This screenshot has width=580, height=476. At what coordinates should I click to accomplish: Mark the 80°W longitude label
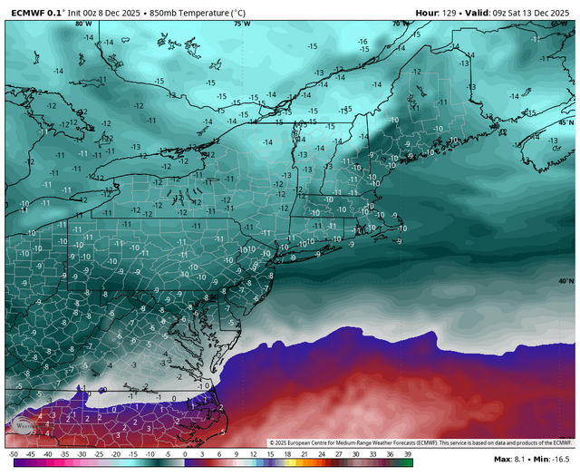(x=83, y=24)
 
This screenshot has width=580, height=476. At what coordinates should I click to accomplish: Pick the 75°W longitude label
(x=242, y=24)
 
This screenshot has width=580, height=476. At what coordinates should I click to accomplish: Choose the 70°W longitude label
(x=397, y=24)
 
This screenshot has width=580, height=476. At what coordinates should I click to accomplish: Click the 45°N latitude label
(x=565, y=121)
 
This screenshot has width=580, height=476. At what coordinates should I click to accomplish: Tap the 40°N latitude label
(x=565, y=281)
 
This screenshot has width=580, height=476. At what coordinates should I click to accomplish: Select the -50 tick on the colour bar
(x=13, y=453)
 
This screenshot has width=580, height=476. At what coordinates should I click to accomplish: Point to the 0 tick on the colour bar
(x=184, y=453)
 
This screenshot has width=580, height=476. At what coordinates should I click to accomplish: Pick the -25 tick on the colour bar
(x=99, y=453)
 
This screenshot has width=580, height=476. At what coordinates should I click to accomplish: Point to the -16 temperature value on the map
(x=362, y=41)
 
